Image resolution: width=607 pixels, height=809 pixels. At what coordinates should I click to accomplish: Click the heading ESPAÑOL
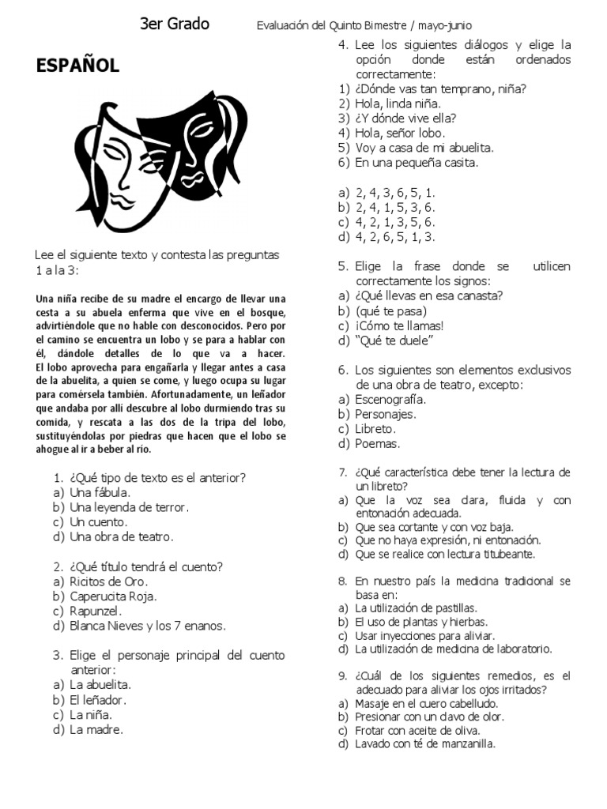point(77,66)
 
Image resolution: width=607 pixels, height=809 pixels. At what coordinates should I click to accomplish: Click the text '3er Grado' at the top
point(175,24)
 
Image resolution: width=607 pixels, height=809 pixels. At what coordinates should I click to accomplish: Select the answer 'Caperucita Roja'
point(113,596)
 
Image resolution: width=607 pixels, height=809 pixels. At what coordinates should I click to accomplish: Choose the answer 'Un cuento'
point(98,522)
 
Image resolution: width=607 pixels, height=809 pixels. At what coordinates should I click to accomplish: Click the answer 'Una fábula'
point(101,492)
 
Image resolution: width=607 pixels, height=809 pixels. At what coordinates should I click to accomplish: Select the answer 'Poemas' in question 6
point(378,443)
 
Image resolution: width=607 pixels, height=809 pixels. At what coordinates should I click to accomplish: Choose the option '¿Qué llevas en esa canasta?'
point(429,295)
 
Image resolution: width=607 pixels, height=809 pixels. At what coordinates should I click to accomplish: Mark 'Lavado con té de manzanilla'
point(425,743)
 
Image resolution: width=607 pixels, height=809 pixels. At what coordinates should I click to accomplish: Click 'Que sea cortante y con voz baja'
point(434,526)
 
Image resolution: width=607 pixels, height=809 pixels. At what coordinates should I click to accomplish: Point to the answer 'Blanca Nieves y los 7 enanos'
point(147,626)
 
